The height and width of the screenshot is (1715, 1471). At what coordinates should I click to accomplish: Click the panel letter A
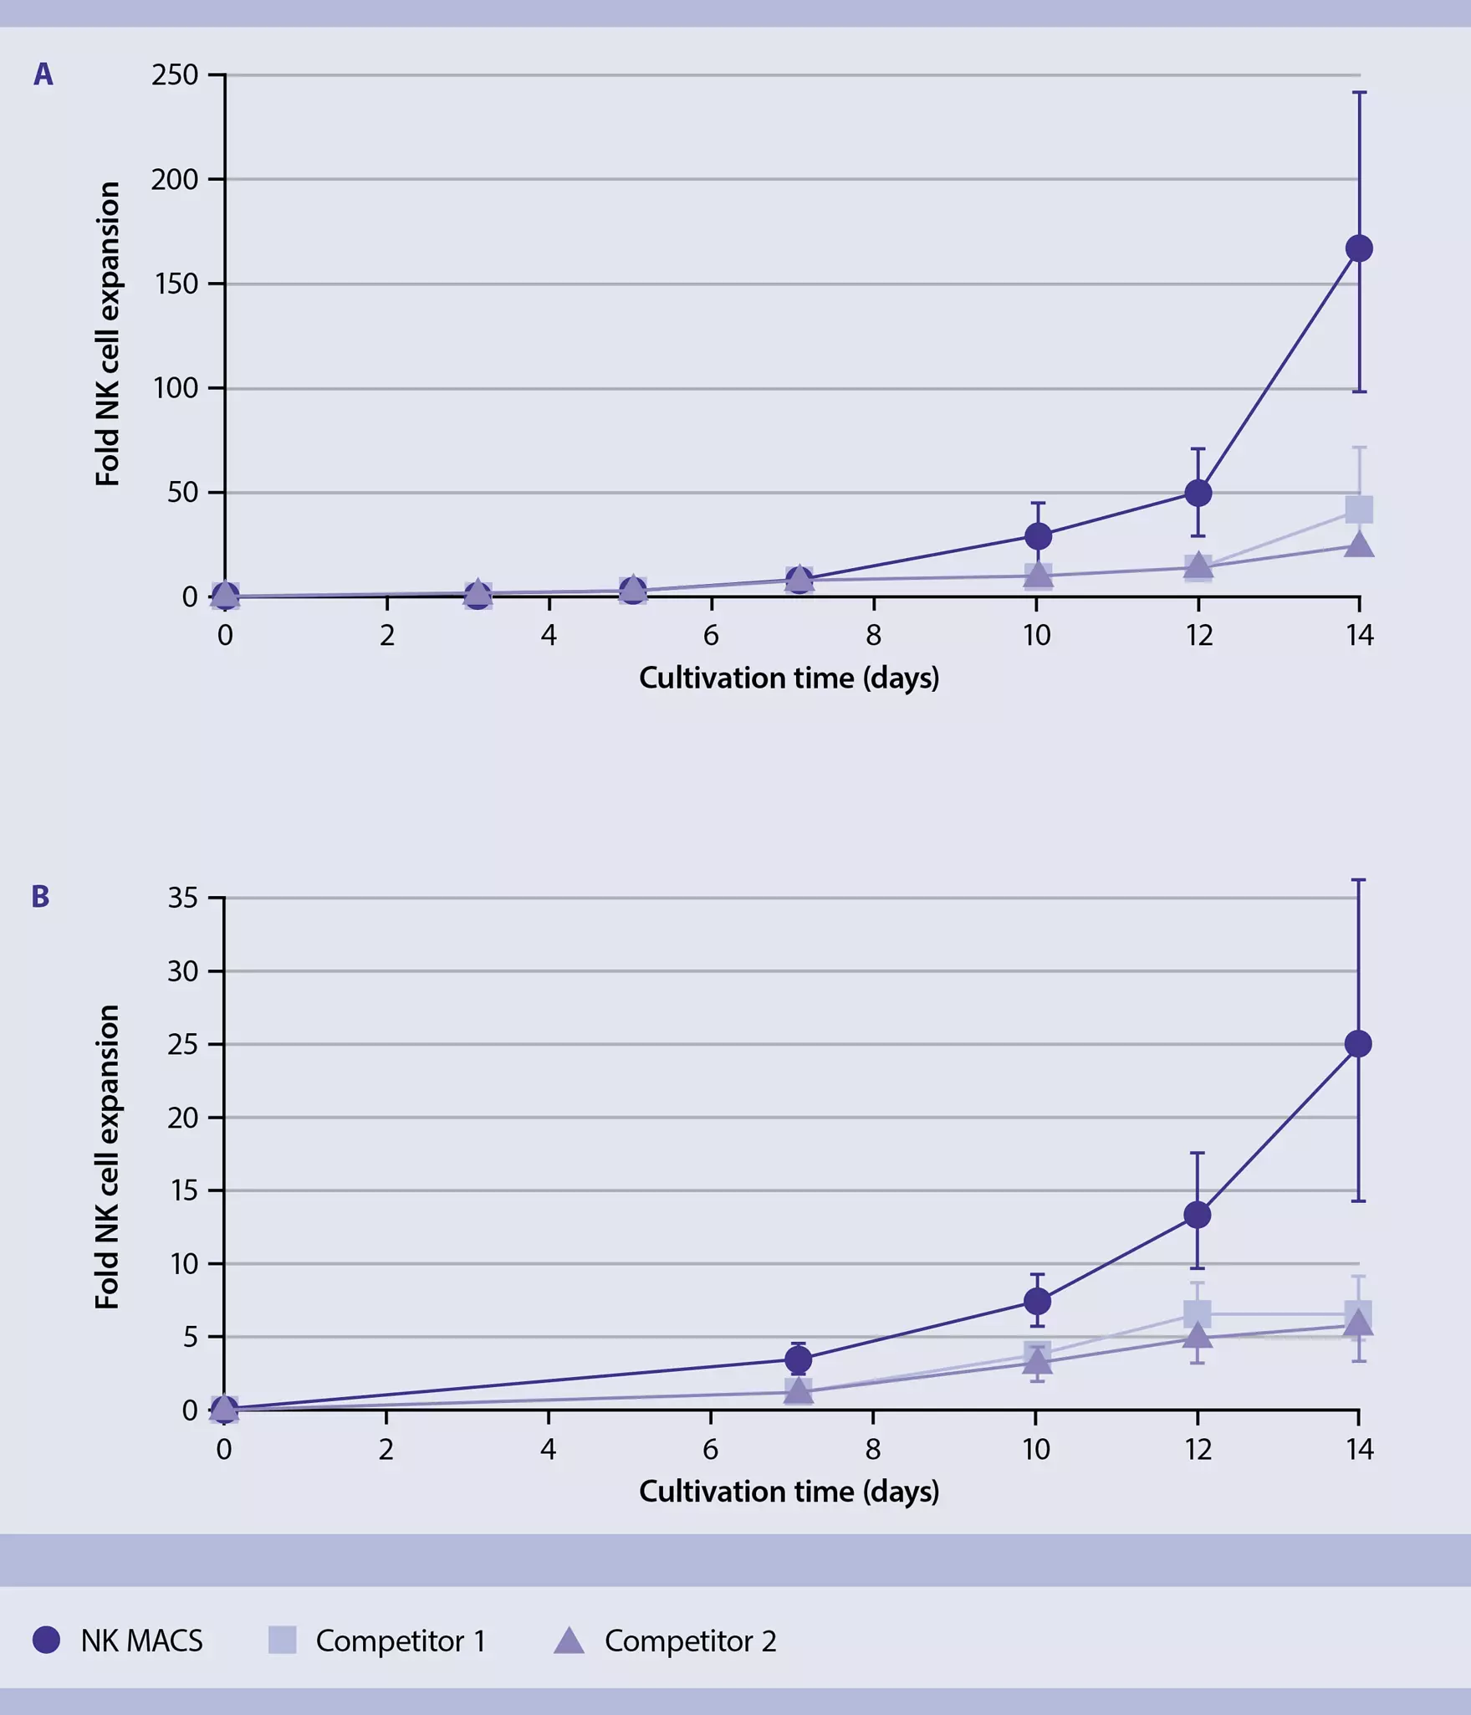click(43, 74)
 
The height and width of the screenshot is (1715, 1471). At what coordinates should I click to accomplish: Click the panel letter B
click(40, 897)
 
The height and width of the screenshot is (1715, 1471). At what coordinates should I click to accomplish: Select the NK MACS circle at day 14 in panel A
click(1359, 248)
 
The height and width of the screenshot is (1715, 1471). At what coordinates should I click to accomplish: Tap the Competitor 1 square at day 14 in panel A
click(1359, 509)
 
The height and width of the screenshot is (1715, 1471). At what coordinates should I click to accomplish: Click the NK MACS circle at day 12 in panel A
click(1198, 493)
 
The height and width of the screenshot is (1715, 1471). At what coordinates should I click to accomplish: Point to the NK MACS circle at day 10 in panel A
click(1037, 535)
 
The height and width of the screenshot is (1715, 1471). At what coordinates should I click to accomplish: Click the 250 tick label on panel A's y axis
click(175, 75)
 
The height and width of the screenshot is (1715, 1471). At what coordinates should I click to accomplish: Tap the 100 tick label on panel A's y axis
click(176, 388)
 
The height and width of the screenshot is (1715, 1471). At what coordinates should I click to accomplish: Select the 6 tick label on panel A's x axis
click(711, 636)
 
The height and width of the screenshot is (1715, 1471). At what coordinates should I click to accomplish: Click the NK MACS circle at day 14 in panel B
click(1358, 1044)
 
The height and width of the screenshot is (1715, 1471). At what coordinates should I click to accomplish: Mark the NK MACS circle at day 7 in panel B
click(799, 1360)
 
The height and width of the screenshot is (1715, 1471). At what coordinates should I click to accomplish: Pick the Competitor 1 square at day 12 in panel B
click(1197, 1314)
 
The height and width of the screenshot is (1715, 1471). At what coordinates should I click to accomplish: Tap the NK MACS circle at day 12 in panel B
click(1197, 1215)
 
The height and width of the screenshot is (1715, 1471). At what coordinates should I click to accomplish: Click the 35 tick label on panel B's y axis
click(182, 898)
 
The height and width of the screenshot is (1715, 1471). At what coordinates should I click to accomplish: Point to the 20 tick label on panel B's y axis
click(182, 1118)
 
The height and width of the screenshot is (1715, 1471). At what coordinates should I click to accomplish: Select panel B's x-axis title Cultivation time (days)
click(789, 1491)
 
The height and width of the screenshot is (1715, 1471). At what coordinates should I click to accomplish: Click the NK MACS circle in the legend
click(46, 1640)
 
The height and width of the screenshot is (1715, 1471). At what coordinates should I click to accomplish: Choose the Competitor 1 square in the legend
click(282, 1640)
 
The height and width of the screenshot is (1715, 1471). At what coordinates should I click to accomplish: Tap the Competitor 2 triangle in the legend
click(569, 1641)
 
